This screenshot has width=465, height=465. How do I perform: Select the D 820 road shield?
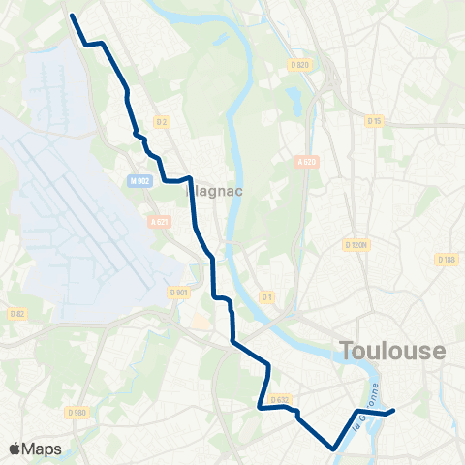coord(299,65)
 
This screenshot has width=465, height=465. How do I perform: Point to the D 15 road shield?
coord(375,120)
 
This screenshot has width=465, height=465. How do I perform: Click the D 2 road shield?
coord(162,121)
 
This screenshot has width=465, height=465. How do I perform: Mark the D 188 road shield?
coord(446,260)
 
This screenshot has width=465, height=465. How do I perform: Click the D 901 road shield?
coord(178,292)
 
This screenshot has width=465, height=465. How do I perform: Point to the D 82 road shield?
coord(16,313)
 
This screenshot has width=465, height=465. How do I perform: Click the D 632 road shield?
coord(279,399)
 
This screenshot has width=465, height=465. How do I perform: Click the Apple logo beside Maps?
coord(15,449)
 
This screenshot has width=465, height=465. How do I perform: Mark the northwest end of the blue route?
coord(73,15)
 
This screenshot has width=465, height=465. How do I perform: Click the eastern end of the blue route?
coord(392,412)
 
